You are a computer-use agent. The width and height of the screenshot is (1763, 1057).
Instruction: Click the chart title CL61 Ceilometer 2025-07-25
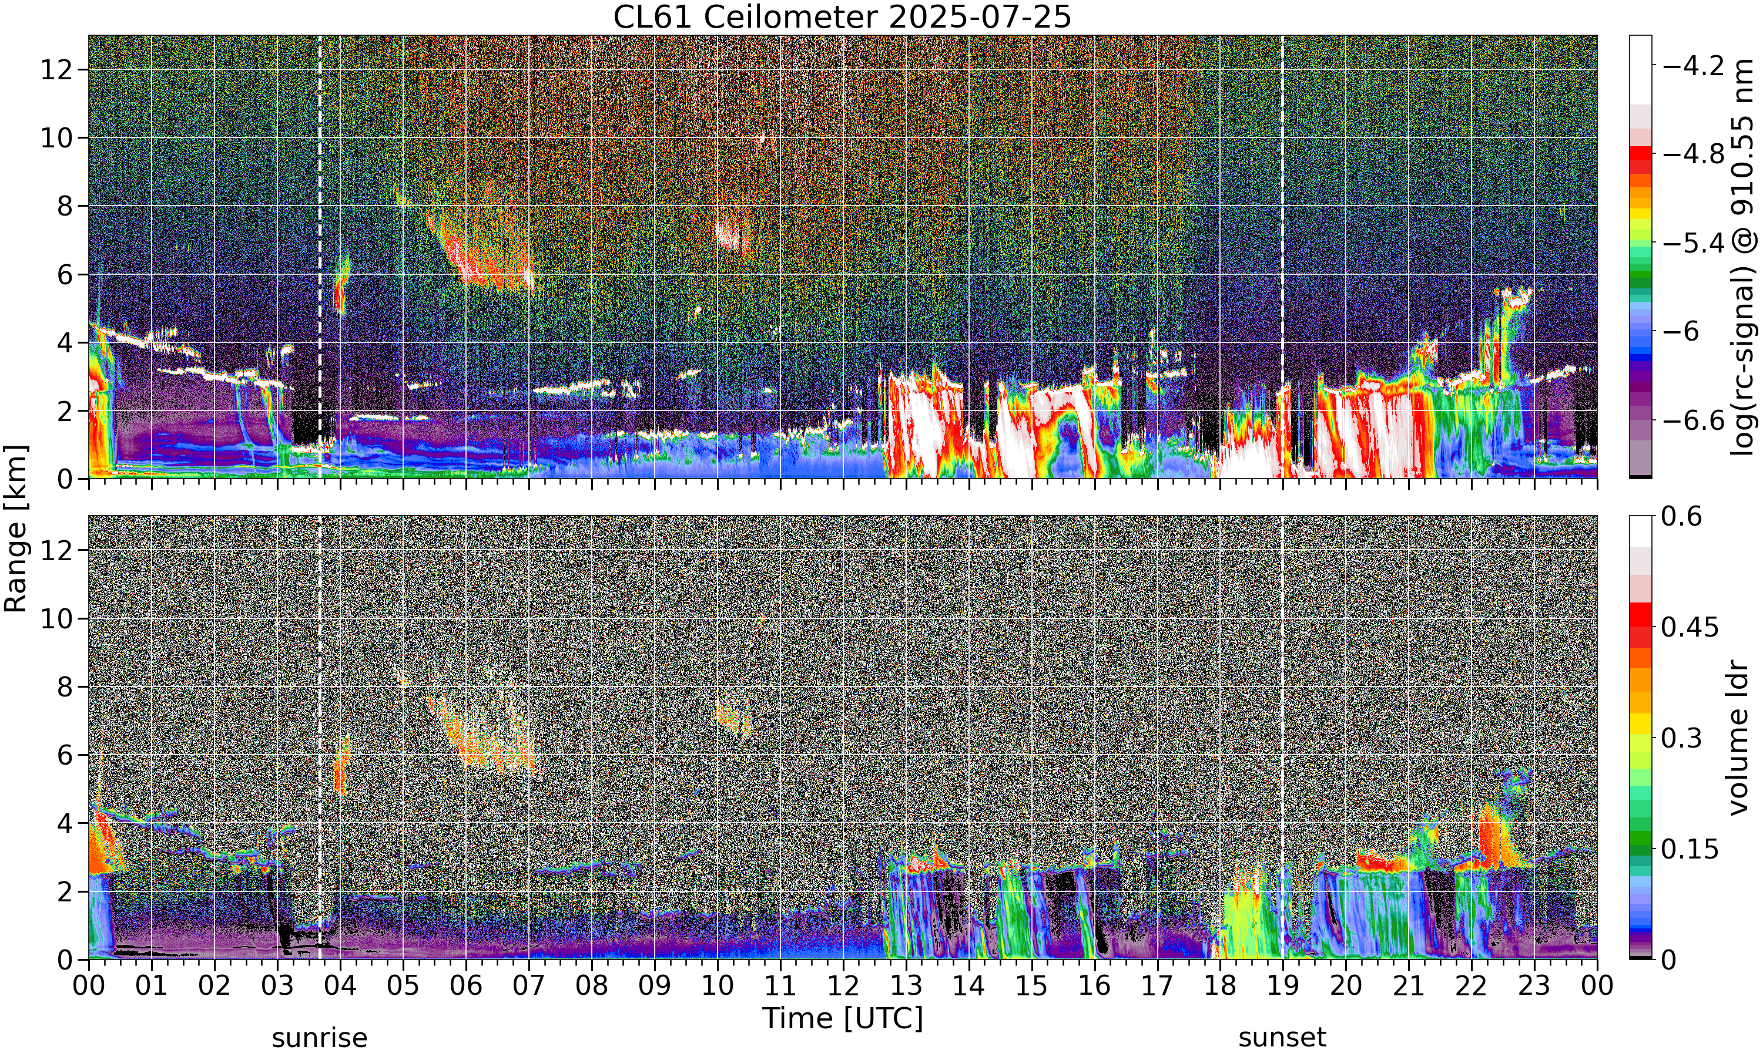click(x=842, y=17)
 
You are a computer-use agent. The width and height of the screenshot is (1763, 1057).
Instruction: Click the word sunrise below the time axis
click(x=319, y=1038)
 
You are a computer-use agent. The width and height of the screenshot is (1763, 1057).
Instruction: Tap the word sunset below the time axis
click(x=1282, y=1038)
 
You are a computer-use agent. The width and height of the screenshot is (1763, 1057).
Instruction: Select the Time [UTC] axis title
click(x=842, y=1019)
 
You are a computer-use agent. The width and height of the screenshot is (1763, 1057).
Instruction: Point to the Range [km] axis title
click(x=16, y=528)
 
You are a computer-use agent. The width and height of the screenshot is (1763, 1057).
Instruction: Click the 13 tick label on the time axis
click(x=906, y=986)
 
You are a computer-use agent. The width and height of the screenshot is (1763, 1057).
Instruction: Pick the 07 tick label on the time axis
click(x=529, y=986)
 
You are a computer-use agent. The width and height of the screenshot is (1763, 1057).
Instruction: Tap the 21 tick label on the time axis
click(x=1408, y=986)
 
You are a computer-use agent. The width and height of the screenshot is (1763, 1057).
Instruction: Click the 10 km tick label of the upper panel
click(x=57, y=137)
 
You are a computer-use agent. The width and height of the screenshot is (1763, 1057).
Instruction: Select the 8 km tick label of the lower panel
click(x=66, y=686)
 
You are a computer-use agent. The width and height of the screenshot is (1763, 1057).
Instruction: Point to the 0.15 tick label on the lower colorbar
click(x=1690, y=849)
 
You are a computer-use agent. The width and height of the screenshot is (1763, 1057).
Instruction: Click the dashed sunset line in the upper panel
click(x=1283, y=257)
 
